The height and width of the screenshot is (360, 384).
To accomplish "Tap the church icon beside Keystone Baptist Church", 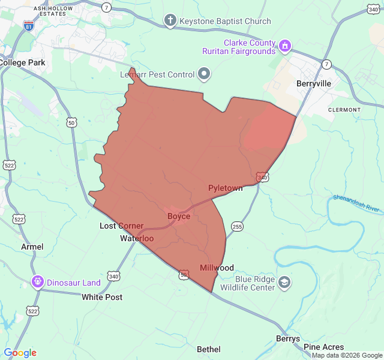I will coord(170,22).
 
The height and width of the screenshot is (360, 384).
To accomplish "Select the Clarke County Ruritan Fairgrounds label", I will coord(249,47).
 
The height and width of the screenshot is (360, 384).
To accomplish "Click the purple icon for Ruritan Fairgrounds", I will coord(285,44).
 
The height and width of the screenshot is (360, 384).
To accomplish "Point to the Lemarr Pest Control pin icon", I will coord(205,74).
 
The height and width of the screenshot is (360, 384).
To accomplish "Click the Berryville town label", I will coord(314,84).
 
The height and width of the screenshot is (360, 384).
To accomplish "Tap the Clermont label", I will coord(344,110).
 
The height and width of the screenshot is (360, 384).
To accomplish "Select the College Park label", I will coord(22,62).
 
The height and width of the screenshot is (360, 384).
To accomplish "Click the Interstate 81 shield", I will coord(29,25).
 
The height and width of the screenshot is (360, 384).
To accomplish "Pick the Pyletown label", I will coord(226,188).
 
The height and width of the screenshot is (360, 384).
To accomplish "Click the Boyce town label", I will coord(179,216).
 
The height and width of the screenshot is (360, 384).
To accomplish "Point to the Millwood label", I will coord(217,268).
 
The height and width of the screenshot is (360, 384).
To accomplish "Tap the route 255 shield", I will coord(237,226).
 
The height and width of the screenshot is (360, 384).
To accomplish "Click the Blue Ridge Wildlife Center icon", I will coord(284,282).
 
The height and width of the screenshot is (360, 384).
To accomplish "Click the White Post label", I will coord(102,297).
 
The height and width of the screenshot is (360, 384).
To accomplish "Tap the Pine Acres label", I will coord(324,347).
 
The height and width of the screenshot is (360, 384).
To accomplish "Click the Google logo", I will coord(20,353).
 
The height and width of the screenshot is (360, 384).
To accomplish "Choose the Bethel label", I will coord(209,349).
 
